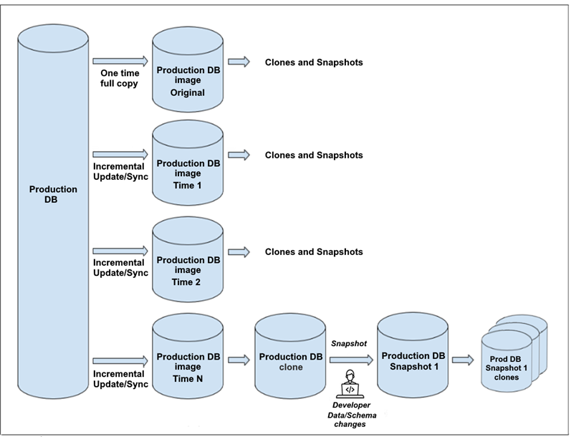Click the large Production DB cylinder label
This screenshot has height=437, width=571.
(x=53, y=194)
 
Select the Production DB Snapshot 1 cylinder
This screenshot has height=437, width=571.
(x=414, y=358)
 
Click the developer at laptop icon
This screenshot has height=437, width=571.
(x=350, y=383)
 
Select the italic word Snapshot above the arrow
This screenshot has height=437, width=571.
(x=349, y=344)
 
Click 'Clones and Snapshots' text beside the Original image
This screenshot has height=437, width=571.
(x=314, y=62)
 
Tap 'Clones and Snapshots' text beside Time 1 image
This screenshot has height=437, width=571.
(x=314, y=155)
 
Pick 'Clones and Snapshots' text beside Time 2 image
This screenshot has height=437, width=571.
(x=314, y=252)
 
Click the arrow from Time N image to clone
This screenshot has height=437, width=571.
(x=237, y=357)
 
